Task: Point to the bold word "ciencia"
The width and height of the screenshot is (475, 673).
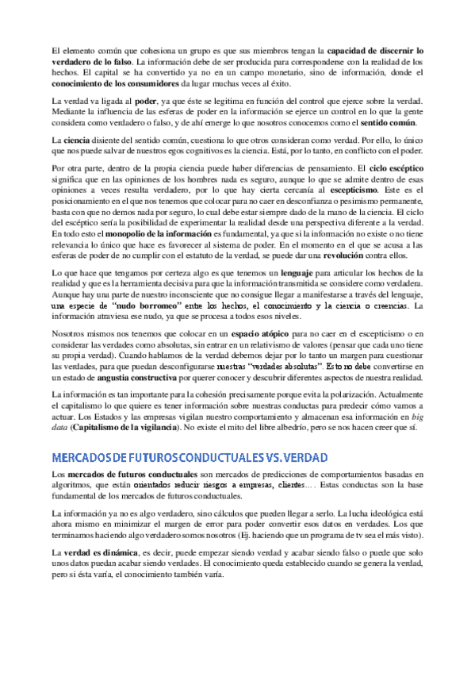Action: pyautogui.click(x=78, y=140)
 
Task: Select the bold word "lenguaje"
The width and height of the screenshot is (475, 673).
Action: pyautogui.click(x=293, y=273)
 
